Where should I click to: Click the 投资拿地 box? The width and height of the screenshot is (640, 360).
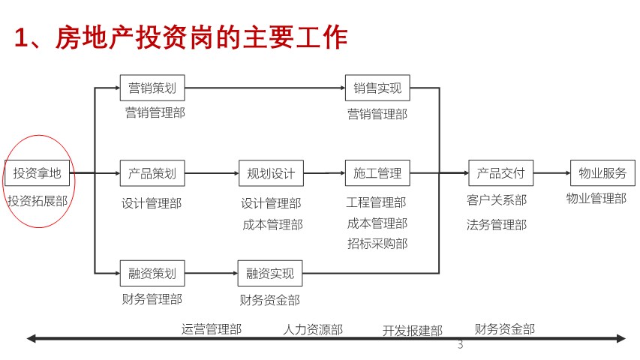37,173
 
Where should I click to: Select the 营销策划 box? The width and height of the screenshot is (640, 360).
152,88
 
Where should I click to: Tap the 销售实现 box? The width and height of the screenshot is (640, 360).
377,88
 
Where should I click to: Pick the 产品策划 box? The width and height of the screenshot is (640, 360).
152,173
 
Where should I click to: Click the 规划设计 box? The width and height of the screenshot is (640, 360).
271,173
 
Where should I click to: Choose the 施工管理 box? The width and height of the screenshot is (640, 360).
377,173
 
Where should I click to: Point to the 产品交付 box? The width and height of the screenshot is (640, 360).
500,173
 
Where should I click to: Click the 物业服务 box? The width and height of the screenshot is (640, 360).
602,173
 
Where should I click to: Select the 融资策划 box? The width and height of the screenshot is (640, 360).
152,273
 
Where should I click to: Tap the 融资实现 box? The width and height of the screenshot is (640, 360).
270,273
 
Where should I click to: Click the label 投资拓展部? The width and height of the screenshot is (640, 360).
38,201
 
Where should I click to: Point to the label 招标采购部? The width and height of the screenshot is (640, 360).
377,244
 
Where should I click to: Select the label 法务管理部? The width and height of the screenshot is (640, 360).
497,224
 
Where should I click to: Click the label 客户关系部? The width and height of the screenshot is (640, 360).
497,200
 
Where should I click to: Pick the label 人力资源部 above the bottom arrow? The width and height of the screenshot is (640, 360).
313,329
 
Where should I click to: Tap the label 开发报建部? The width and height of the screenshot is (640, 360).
413,330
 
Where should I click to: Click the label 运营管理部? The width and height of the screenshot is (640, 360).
212,329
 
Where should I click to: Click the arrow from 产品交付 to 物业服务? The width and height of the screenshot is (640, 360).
551,173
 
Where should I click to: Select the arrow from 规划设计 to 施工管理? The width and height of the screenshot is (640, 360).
324,173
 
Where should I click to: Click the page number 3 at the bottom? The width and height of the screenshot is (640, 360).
461,344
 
